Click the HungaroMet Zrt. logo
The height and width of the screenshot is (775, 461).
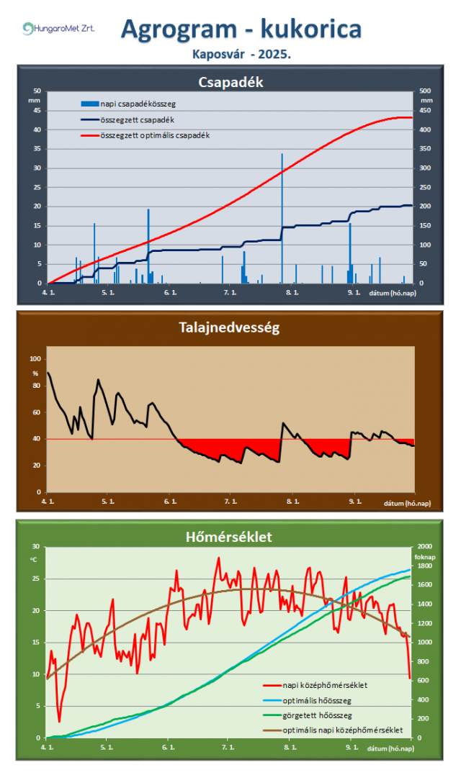pos(58,29)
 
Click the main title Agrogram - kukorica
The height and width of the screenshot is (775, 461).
pos(241,28)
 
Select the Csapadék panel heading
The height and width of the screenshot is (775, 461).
pos(230,82)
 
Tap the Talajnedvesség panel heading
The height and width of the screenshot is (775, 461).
pos(230,328)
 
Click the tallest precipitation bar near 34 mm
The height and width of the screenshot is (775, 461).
pos(282,216)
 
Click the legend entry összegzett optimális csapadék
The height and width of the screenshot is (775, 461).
pos(154,135)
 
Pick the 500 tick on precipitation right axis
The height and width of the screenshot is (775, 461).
pos(426,91)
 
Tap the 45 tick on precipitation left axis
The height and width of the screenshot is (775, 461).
pos(37,111)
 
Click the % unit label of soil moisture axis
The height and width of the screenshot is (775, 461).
pos(35,373)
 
